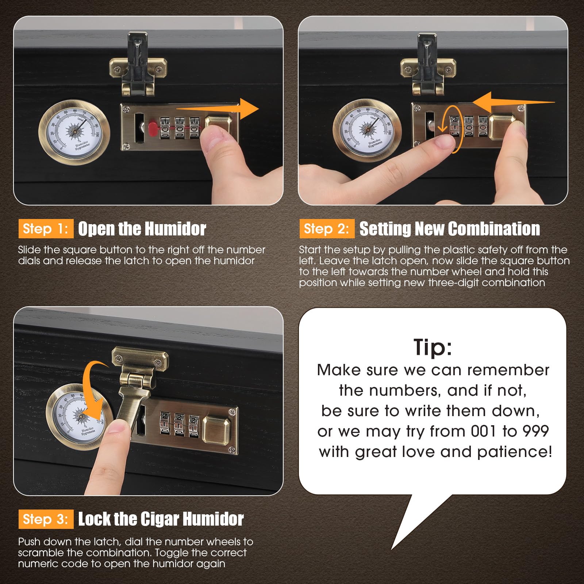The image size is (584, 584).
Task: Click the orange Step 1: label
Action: [x=46, y=229]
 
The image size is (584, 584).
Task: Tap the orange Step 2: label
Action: [x=327, y=229]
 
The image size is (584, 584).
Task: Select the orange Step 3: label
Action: [x=46, y=519]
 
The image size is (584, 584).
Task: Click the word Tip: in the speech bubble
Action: [x=433, y=347]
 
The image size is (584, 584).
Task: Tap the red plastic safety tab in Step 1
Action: [x=153, y=128]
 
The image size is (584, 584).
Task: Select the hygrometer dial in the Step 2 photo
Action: [x=367, y=130]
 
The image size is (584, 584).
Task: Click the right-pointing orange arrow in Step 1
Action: [x=218, y=109]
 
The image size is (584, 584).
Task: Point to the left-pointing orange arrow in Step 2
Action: [x=514, y=103]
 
